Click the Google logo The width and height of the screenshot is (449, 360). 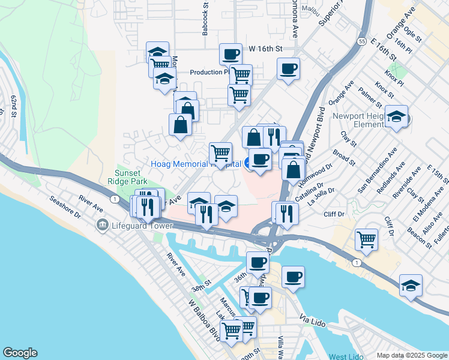click(x=19, y=353)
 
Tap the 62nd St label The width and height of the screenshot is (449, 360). click(x=13, y=104)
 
